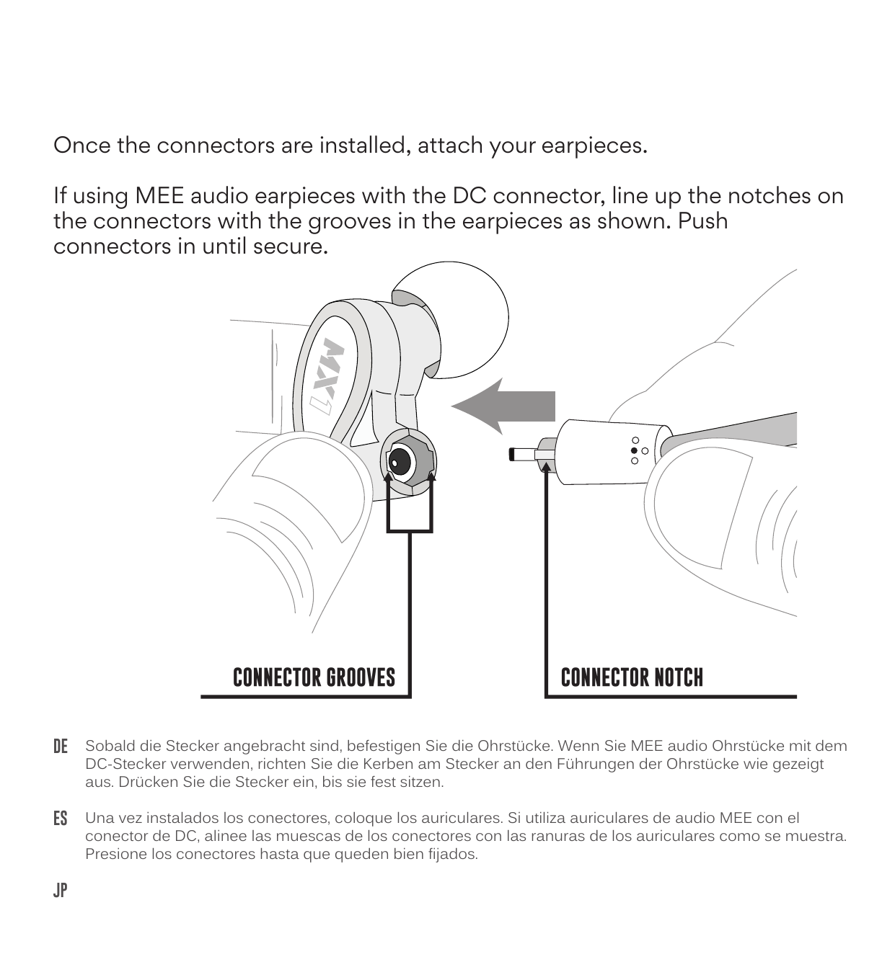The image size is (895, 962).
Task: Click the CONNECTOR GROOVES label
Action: tap(314, 677)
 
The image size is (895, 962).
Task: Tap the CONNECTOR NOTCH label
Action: tap(632, 677)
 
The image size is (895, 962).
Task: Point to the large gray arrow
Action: tap(503, 406)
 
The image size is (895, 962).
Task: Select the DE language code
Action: tap(60, 747)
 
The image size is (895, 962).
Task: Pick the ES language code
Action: tap(60, 819)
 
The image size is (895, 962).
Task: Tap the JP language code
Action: tap(60, 891)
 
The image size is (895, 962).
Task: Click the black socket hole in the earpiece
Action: tap(400, 462)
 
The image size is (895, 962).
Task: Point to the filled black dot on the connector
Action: tap(634, 450)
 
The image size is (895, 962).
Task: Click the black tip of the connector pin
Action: tap(511, 455)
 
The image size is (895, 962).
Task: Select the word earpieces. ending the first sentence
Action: tap(594, 146)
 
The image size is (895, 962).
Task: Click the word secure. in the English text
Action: tap(291, 246)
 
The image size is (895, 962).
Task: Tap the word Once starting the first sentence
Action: tap(82, 146)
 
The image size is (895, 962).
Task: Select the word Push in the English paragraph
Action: tap(703, 221)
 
